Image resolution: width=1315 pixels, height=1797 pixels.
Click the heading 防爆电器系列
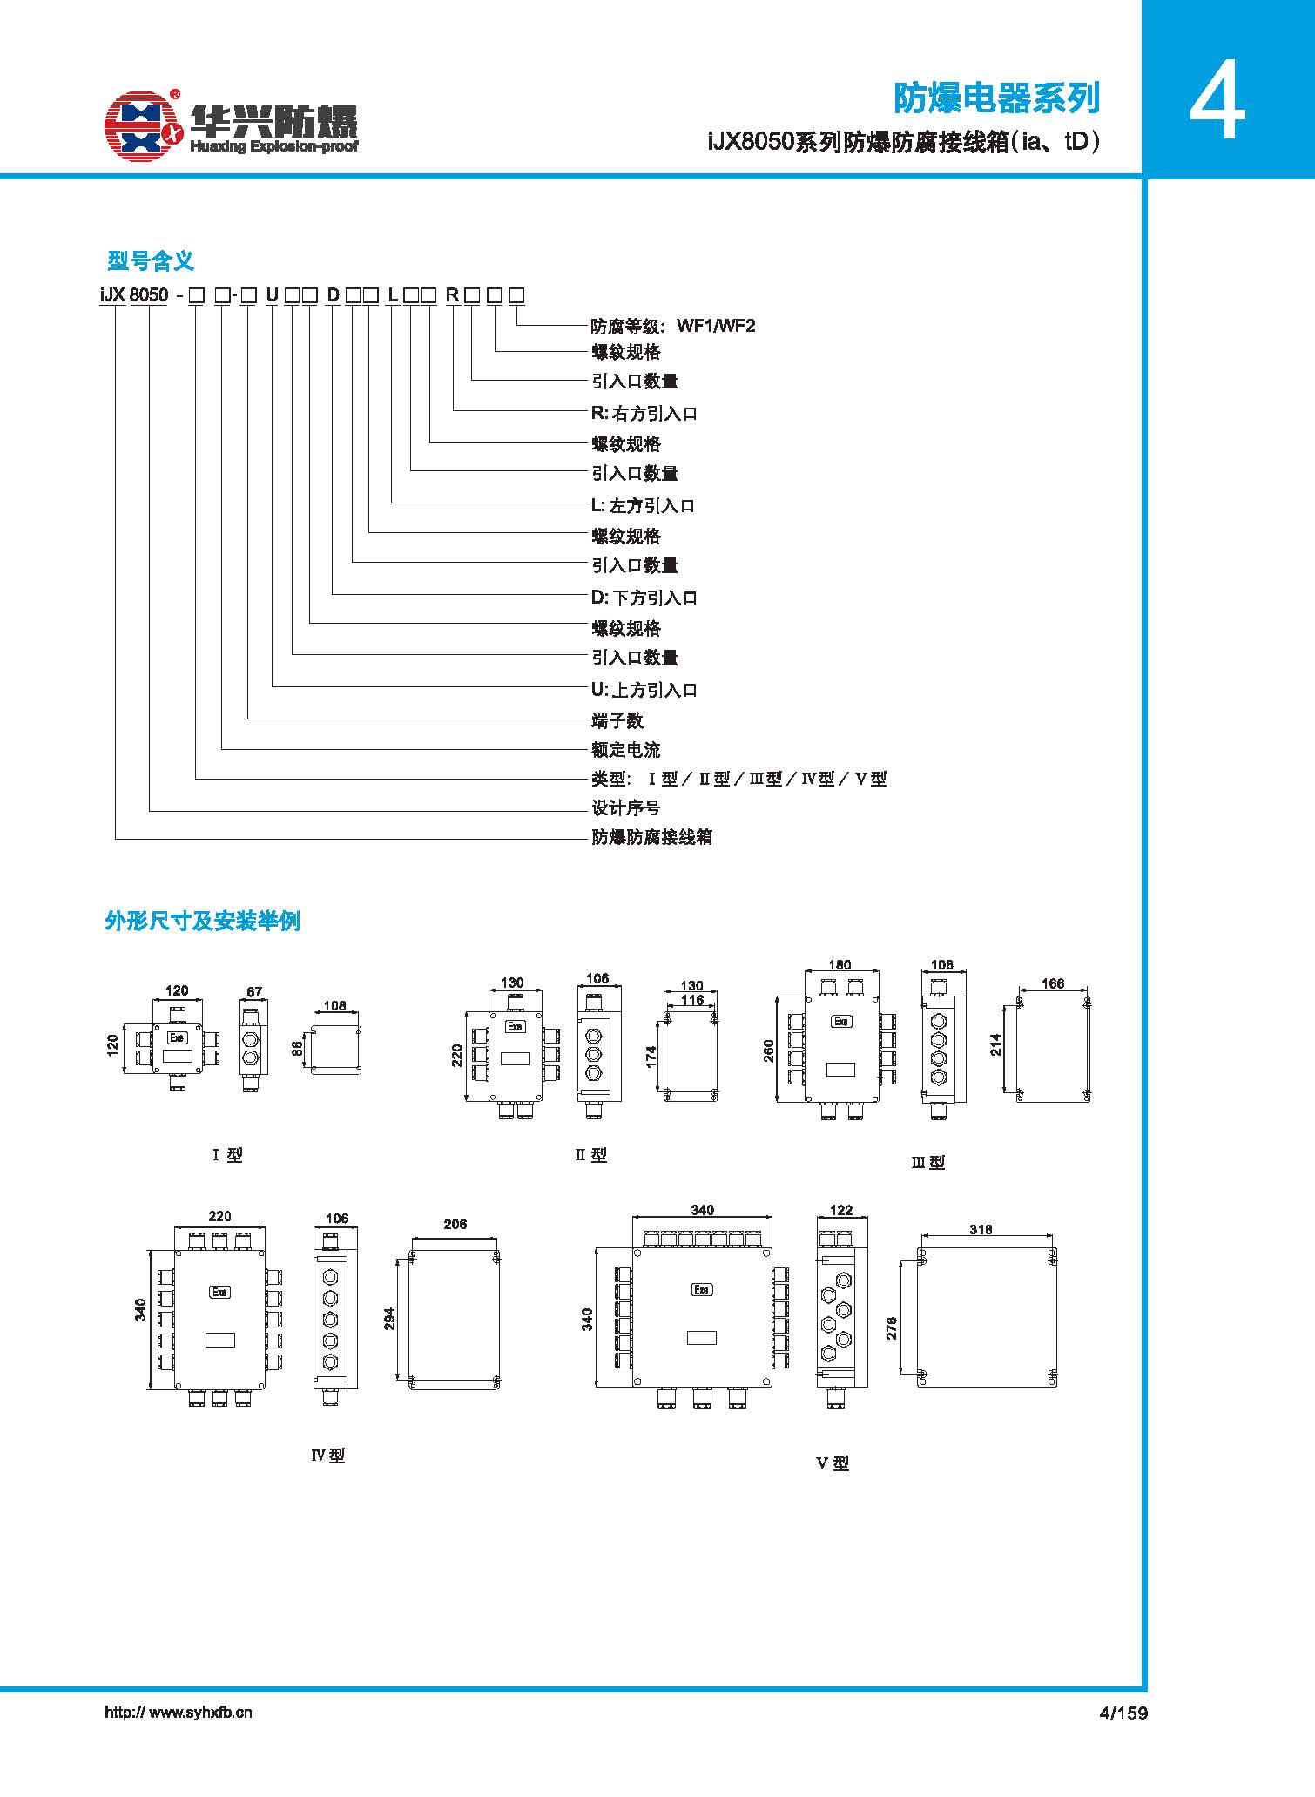997,98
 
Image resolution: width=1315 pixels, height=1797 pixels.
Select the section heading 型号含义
150,260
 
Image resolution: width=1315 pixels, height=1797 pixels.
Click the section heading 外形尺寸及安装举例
202,921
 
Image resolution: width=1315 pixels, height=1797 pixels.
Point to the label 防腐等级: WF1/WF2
673,327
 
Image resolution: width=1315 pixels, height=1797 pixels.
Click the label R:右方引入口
644,414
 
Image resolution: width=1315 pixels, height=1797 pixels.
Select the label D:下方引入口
644,598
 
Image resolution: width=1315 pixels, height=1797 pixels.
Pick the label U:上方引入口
644,691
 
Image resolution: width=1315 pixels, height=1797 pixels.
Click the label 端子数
617,721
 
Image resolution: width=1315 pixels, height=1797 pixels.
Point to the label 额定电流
626,750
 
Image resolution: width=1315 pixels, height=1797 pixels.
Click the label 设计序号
626,808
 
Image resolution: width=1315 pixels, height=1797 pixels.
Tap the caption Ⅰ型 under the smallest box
227,1155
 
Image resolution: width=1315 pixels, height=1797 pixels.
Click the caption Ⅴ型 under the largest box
833,1464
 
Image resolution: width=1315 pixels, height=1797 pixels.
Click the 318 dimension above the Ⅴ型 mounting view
981,1230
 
